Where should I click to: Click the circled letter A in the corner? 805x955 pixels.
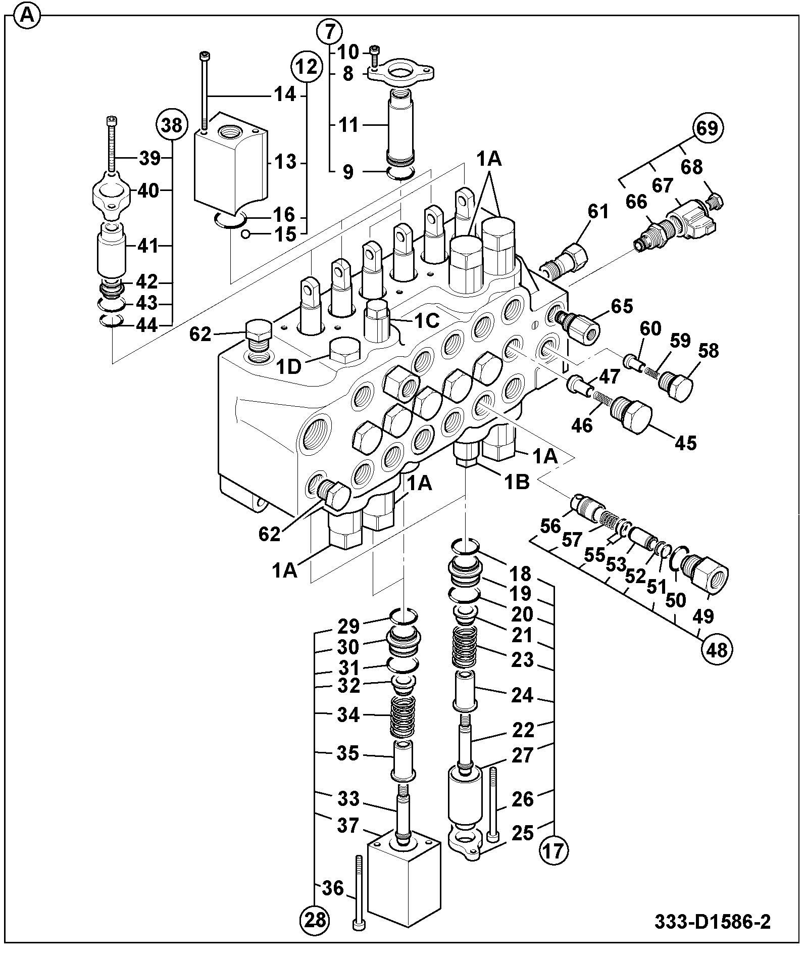(x=27, y=18)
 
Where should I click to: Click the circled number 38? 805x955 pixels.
(x=172, y=125)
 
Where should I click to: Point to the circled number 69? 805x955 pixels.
(x=707, y=128)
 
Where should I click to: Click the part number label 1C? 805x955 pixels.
(x=427, y=321)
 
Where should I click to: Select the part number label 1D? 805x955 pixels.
(x=289, y=366)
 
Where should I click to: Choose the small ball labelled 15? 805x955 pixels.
(x=245, y=233)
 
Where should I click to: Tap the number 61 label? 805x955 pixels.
(x=598, y=211)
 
